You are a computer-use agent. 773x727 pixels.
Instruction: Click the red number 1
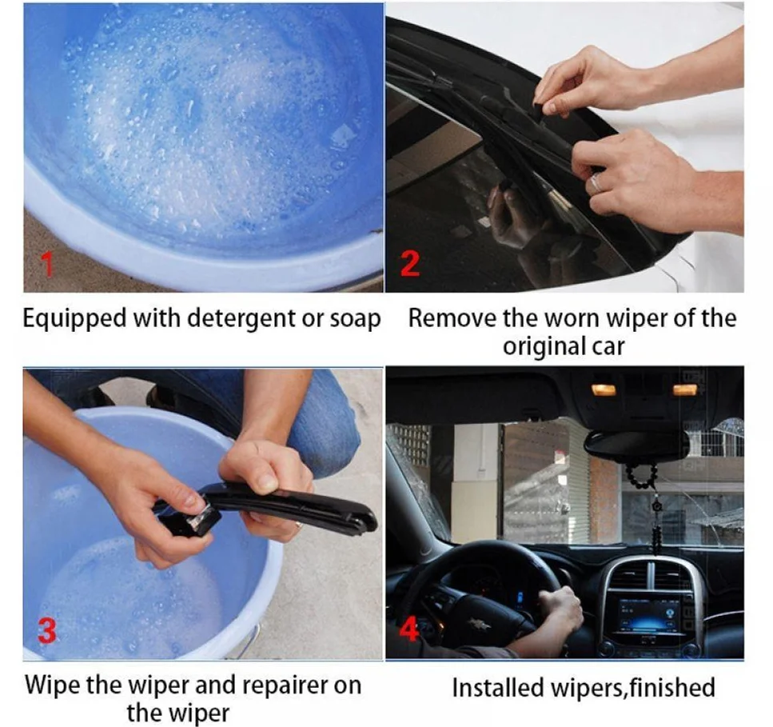coord(47,264)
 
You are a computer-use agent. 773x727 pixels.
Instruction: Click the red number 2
coord(409,264)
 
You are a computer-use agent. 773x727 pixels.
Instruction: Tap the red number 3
coord(47,631)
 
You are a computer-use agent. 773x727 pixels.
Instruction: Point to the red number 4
coord(409,630)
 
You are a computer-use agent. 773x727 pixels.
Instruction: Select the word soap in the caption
coord(354,319)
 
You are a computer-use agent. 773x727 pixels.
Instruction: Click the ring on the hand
coord(596,183)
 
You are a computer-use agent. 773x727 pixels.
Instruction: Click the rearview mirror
coord(636,447)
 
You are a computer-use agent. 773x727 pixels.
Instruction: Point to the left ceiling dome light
coord(604,390)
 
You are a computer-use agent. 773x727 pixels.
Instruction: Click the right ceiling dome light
coord(685,390)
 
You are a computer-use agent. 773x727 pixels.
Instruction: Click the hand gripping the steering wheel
coord(562,607)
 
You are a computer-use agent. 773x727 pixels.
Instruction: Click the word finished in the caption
coord(671,688)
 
